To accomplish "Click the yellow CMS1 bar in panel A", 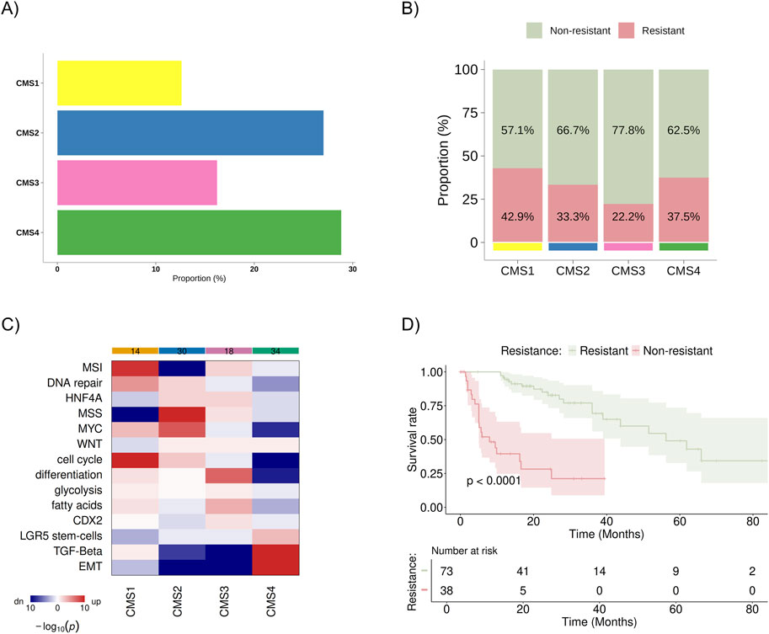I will [x=119, y=83].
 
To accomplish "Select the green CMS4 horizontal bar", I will [x=199, y=232].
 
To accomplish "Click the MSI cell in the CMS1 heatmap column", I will [x=135, y=368].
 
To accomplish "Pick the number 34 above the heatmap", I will [x=275, y=350].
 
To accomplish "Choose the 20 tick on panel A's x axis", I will [x=254, y=269].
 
